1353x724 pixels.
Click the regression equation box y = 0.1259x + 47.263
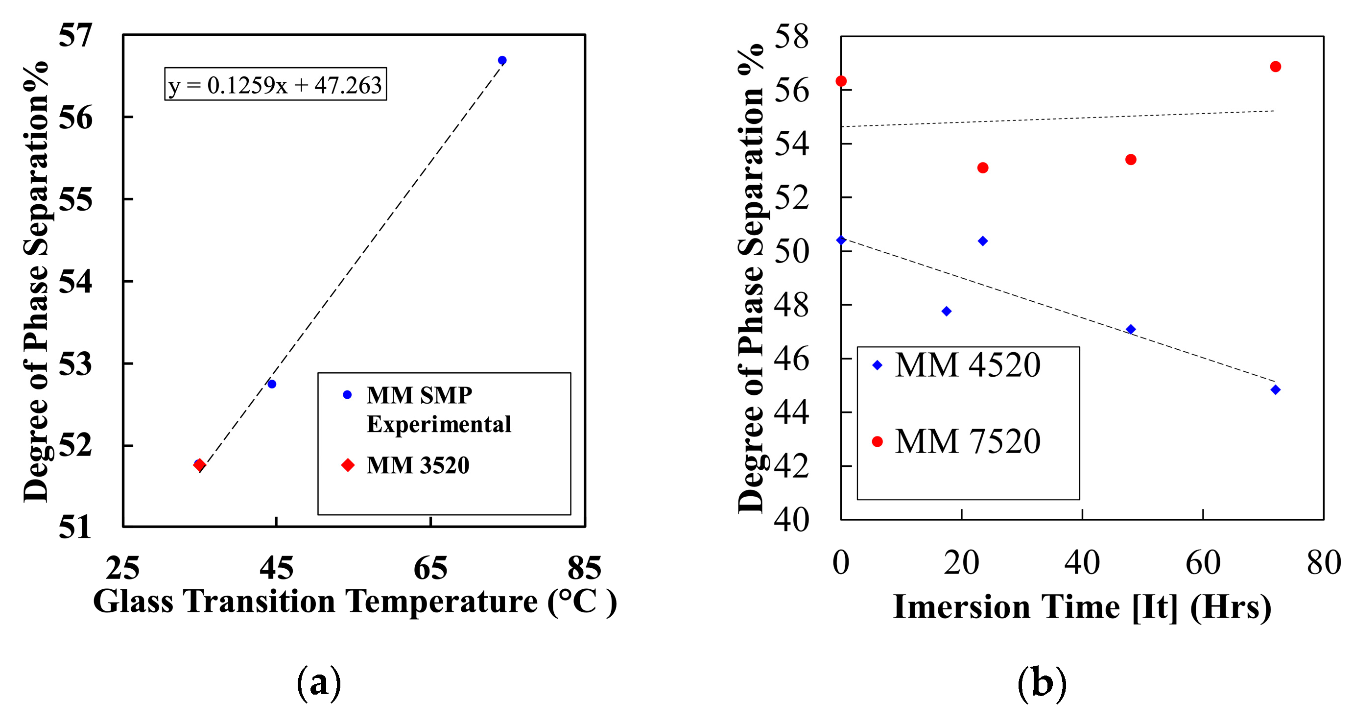(x=275, y=84)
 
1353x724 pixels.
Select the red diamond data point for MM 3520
(x=199, y=465)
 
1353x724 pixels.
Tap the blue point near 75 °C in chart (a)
(x=502, y=60)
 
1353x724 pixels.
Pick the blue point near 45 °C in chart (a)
(x=272, y=384)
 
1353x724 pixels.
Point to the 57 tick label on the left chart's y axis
(x=75, y=35)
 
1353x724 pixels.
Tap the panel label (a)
(x=319, y=683)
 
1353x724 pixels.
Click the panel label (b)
(x=1042, y=683)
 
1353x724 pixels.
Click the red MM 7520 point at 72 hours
(x=1275, y=67)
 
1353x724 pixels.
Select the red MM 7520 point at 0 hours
(x=841, y=81)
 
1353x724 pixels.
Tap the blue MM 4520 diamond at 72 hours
(x=1275, y=390)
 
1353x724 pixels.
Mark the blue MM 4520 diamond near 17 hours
(x=947, y=312)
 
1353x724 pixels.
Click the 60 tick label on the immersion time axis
(x=1203, y=563)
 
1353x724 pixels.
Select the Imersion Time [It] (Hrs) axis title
(x=1082, y=607)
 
